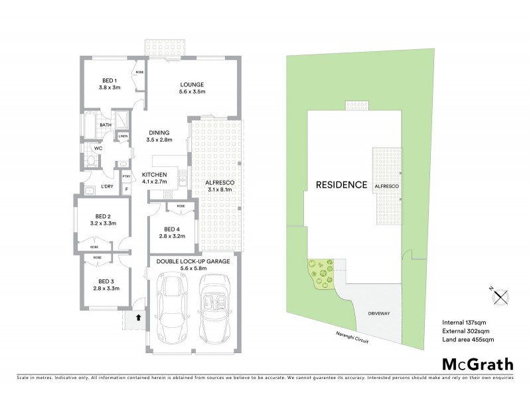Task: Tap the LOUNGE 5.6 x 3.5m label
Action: [191, 88]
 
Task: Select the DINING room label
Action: [159, 136]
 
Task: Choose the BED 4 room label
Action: [171, 232]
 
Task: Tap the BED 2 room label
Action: [102, 220]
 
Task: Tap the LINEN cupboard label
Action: [123, 136]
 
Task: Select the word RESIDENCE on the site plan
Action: [341, 184]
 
